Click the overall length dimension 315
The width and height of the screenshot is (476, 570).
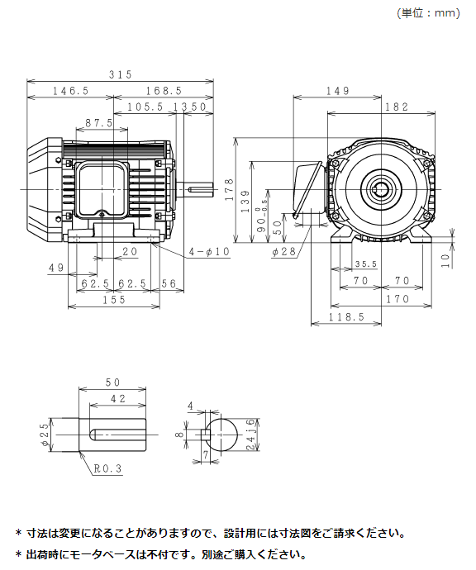coord(121,74)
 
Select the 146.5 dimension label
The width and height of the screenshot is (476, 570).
coord(71,91)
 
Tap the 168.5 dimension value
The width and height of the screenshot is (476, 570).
coord(164,91)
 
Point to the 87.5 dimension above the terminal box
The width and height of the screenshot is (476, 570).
coord(99,123)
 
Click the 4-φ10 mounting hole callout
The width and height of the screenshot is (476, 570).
coord(209,252)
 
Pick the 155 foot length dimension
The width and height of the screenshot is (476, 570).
coord(114,300)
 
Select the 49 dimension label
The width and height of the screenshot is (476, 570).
coord(56,268)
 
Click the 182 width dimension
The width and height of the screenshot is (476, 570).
coord(397,107)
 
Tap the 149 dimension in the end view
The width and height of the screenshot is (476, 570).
coord(338,91)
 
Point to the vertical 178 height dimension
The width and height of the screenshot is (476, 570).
coord(229,189)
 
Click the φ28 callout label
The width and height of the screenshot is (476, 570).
coord(284,251)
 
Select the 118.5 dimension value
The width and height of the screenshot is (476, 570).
coord(346,317)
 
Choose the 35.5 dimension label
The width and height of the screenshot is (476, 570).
coord(366,264)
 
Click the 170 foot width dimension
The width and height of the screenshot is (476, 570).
coord(397,299)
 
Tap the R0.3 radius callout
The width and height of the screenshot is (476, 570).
coord(107,468)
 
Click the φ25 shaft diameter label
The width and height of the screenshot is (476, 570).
coord(45,435)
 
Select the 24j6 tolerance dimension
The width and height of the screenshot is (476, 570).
coord(251,435)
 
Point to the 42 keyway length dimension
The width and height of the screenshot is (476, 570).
coord(118,399)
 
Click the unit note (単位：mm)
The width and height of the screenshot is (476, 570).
coord(428,13)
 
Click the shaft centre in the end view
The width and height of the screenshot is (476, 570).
coord(381,189)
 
